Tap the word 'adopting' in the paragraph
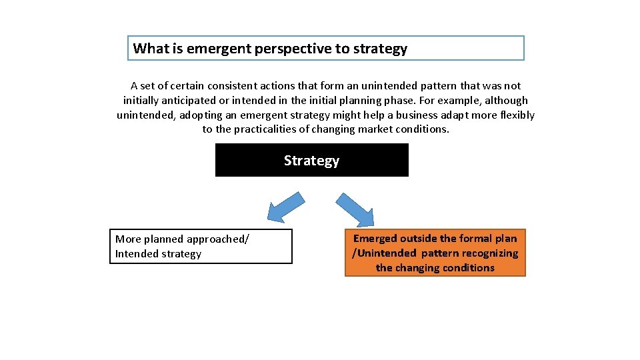201,115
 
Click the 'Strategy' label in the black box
311,161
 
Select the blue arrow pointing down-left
285,206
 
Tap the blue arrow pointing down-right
355,209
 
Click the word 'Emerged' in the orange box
375,239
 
